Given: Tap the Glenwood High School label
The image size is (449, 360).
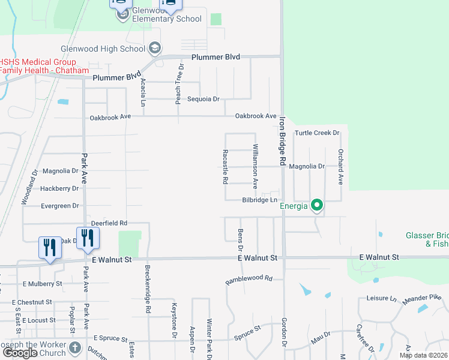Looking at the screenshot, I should [103, 49].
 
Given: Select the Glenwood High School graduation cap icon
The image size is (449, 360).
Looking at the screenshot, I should [154, 48].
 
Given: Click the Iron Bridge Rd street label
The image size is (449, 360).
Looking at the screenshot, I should [280, 141].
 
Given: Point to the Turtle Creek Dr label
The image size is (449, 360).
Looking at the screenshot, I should [317, 133].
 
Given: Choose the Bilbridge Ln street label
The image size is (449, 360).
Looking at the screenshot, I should [259, 200].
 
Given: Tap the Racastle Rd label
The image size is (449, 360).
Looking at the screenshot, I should [225, 167].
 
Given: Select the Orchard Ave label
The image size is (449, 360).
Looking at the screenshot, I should [340, 166].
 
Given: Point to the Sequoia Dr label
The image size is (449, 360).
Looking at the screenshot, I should [203, 99].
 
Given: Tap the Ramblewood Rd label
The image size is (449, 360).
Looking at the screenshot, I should [249, 280].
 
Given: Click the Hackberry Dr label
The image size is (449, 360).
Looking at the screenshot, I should [59, 188].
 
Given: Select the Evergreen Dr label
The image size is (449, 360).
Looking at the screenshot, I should [59, 206].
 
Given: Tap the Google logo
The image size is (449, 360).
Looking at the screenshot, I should [20, 353].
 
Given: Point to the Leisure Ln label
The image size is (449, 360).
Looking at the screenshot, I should [382, 298].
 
